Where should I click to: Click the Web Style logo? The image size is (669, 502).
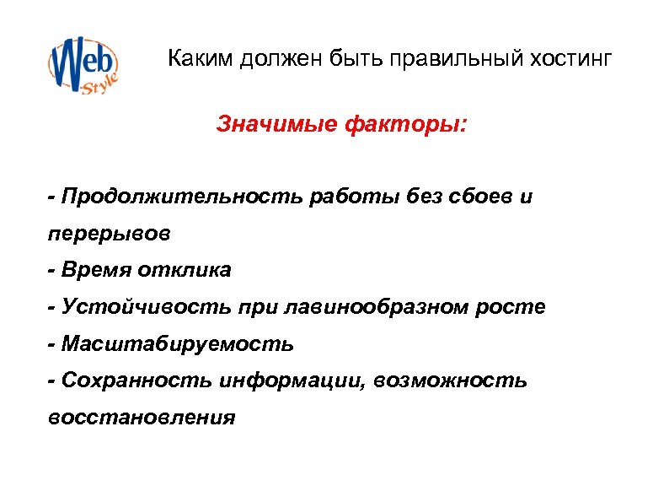[x=83, y=66]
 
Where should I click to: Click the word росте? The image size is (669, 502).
[x=517, y=307]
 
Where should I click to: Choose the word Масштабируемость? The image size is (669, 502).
[x=178, y=344]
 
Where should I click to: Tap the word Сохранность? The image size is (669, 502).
[x=136, y=381]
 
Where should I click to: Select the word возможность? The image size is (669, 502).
[x=454, y=381]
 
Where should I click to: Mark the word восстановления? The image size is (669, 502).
[x=142, y=418]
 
